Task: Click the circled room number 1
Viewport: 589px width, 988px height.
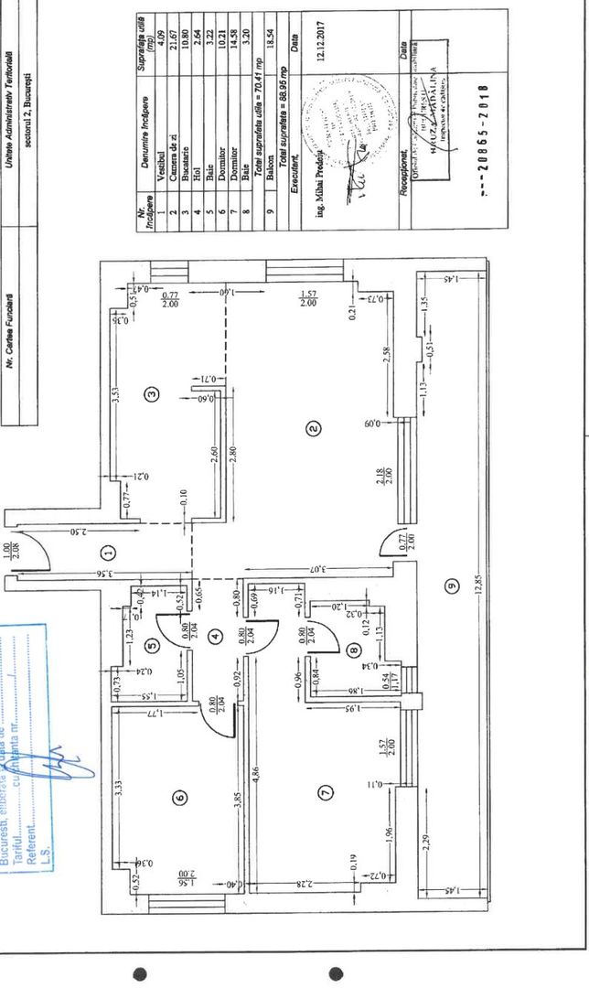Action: (x=108, y=552)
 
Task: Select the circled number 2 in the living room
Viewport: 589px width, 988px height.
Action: (x=313, y=426)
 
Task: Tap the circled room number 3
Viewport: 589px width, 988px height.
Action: (x=154, y=394)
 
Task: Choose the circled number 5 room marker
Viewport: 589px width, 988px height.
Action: (x=153, y=644)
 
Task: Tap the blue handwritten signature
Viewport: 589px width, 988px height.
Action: (x=69, y=759)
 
